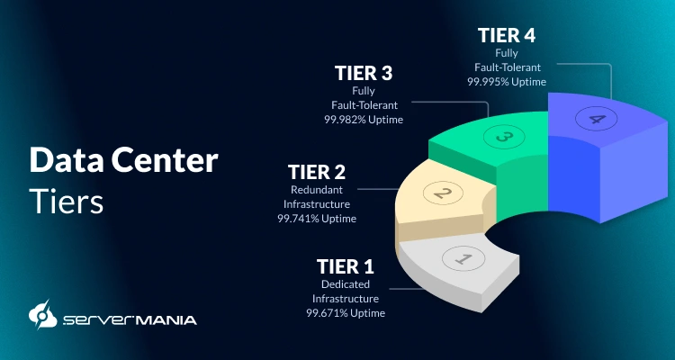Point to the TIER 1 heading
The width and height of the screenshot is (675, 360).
click(x=345, y=266)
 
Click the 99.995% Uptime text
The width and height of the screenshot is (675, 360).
click(x=506, y=81)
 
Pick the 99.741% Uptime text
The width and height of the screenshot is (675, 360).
click(x=317, y=218)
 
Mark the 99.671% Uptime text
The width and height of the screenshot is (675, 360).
click(x=346, y=313)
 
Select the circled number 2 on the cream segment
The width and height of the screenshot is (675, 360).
click(x=442, y=192)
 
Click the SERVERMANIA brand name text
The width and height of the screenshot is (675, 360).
click(x=130, y=319)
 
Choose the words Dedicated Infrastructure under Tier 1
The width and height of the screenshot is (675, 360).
click(x=346, y=292)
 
